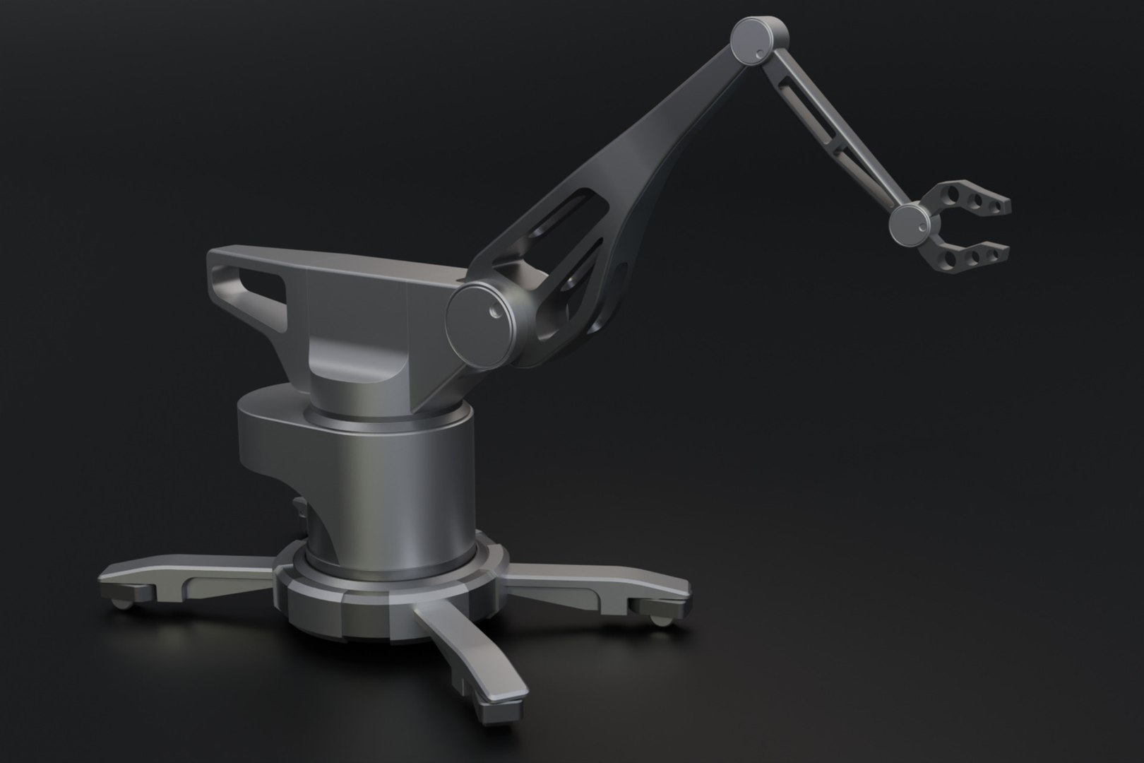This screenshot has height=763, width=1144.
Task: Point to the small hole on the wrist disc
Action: coord(922,227)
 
